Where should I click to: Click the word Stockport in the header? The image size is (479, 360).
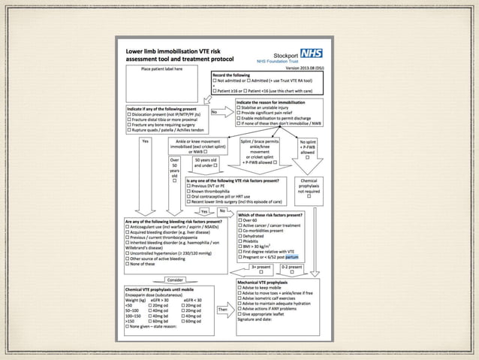point(282,55)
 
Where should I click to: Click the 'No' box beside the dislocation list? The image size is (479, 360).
point(214,113)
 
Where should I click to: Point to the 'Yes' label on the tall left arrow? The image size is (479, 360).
point(145,141)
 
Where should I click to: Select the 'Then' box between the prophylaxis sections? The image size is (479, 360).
point(222,309)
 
